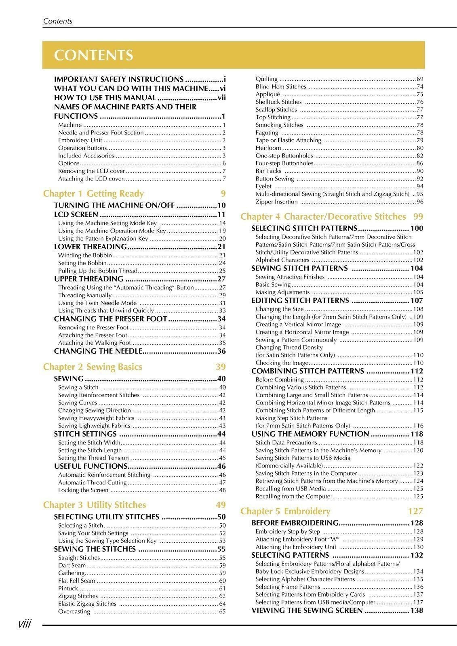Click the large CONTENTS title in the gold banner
(x=93, y=55)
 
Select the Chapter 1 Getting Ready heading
(x=93, y=194)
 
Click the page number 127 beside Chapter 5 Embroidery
(x=415, y=512)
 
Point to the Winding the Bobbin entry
(x=85, y=255)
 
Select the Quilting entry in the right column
(x=266, y=79)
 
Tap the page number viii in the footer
(x=25, y=624)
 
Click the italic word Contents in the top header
(x=57, y=21)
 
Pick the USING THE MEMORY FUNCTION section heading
(x=310, y=434)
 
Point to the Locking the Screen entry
(x=83, y=491)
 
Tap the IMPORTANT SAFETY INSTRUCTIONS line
(x=119, y=80)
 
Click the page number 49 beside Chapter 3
(x=221, y=505)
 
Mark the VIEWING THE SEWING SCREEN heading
(x=307, y=611)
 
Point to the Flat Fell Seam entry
(x=76, y=581)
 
